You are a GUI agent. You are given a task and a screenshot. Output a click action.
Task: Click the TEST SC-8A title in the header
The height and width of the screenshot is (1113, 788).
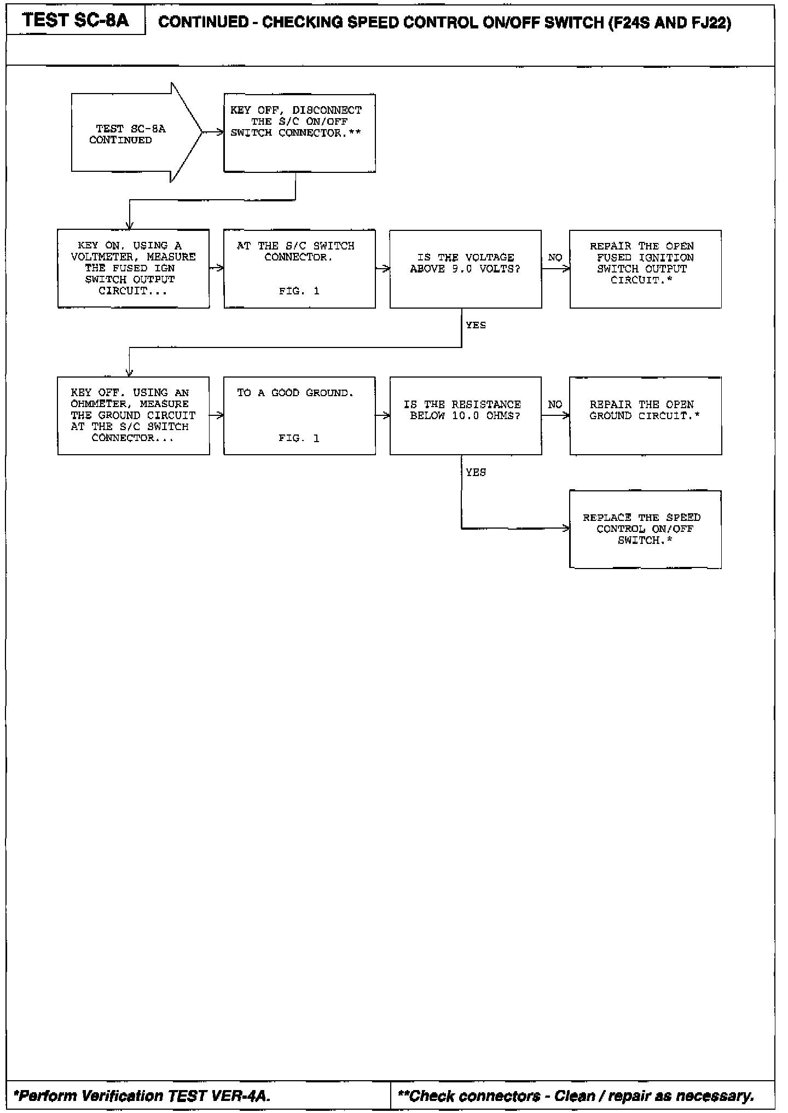76,21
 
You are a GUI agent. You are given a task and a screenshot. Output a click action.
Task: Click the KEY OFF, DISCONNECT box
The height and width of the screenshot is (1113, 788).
299,133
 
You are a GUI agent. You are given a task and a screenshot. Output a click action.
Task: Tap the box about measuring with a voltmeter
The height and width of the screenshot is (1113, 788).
133,269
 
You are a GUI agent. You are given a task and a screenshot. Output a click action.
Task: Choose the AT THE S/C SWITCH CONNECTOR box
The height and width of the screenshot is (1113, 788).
299,269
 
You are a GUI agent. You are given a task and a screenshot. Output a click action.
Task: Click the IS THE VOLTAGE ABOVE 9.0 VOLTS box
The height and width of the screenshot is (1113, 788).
465,269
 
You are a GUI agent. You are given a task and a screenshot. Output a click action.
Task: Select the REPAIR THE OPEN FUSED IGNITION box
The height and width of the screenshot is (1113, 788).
645,269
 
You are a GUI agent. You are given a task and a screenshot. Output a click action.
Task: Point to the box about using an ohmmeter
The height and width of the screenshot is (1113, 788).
133,415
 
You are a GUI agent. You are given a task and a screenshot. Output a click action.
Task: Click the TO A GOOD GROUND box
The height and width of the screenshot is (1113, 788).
299,415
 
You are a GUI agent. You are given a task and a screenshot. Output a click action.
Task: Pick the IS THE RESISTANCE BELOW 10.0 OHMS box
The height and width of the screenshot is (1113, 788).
465,415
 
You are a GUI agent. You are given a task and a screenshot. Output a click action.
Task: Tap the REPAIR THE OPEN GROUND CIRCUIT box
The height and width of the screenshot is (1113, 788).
645,415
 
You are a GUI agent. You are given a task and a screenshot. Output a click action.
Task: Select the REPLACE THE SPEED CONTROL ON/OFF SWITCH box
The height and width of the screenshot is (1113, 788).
645,529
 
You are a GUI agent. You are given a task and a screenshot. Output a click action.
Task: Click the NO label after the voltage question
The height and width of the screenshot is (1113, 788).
555,258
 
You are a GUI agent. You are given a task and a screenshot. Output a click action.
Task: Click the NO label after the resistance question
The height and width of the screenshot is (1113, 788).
555,404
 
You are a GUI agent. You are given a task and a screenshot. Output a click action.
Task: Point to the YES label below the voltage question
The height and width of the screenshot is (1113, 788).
476,325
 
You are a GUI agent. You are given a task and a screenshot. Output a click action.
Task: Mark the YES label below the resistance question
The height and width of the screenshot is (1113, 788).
476,472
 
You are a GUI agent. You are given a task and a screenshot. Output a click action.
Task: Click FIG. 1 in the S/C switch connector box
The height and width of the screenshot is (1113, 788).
299,291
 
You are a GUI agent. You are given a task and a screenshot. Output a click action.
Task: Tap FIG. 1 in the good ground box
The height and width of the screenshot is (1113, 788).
299,438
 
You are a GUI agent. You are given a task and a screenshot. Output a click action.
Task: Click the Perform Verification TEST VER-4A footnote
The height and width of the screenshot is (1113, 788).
142,1096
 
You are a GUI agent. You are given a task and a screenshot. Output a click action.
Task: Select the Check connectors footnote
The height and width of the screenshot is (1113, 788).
576,1096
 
